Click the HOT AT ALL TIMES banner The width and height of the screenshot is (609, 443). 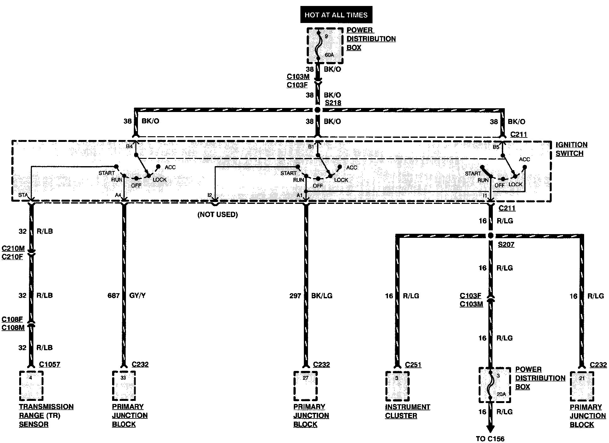[x=336, y=15]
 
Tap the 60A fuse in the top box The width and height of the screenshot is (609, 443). [x=325, y=46]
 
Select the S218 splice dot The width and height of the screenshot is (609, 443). [x=317, y=110]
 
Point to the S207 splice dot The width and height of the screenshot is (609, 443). [x=490, y=235]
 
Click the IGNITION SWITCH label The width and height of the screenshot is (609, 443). [x=571, y=149]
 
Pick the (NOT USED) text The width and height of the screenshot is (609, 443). [x=218, y=215]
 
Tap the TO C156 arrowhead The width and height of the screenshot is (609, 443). [x=490, y=429]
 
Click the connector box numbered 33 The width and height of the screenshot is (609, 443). [x=124, y=386]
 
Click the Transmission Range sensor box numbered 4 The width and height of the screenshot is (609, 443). [x=31, y=386]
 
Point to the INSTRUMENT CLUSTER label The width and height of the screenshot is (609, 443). [x=407, y=411]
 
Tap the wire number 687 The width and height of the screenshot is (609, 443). [x=113, y=295]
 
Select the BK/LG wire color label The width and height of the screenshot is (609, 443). [x=322, y=295]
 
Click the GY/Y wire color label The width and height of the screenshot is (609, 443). [x=138, y=295]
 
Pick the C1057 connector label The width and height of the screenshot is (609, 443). [x=49, y=364]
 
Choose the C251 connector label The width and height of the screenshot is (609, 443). [x=413, y=365]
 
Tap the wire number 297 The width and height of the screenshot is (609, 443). [x=295, y=295]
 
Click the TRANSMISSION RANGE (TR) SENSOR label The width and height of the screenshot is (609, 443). [x=46, y=415]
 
